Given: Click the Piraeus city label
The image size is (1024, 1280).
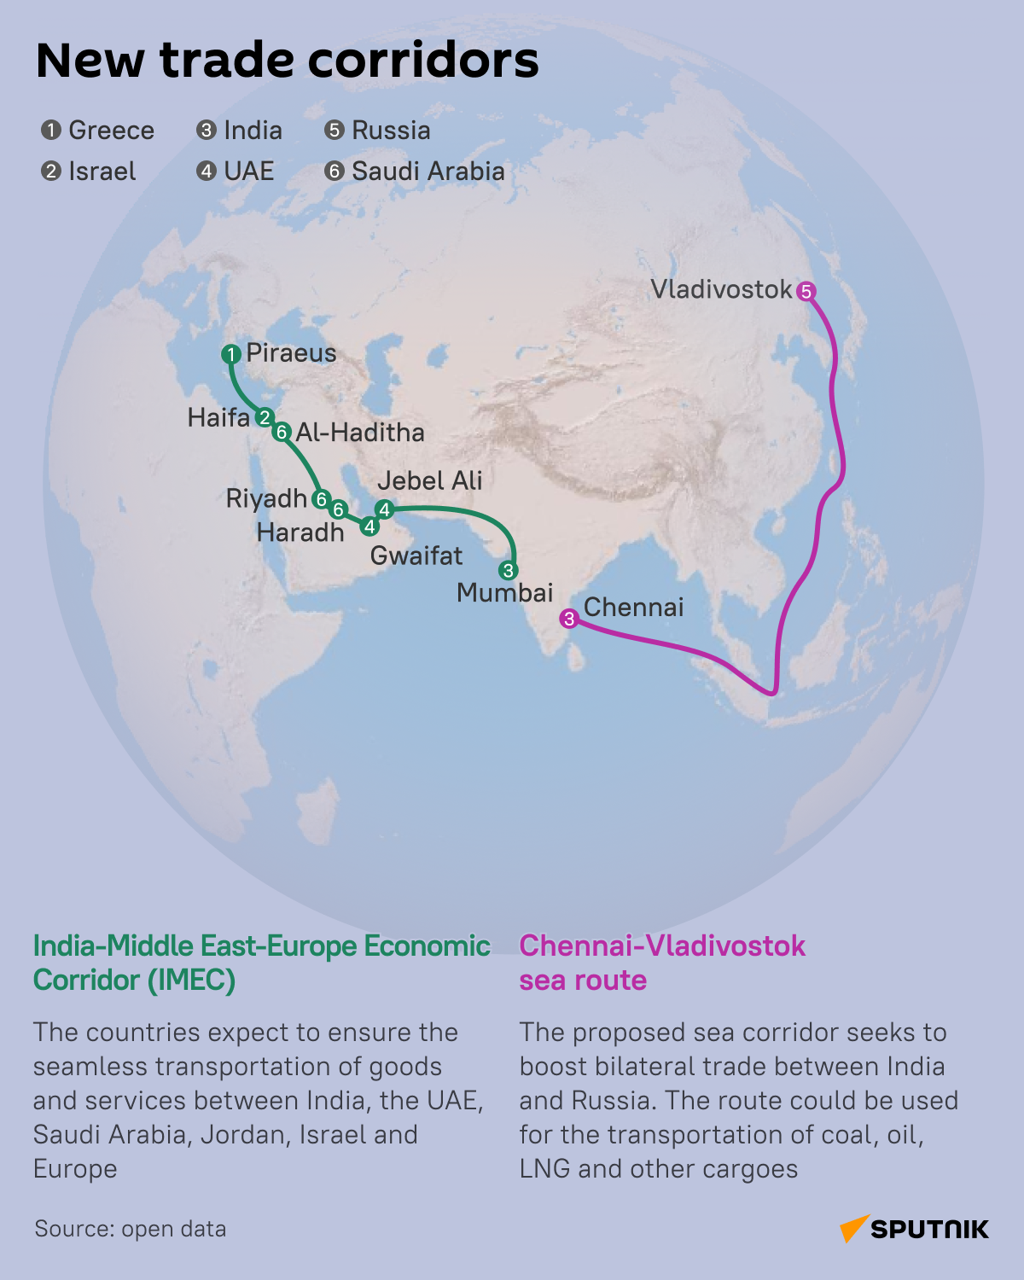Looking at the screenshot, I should click(291, 353).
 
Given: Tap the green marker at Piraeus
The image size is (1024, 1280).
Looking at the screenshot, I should click(230, 354).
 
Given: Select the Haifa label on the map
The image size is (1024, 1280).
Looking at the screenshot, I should click(218, 418).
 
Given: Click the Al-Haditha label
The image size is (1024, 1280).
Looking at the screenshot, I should click(360, 433).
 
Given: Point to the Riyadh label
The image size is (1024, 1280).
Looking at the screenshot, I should click(266, 498).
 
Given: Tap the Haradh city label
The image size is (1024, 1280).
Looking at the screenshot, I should click(300, 533).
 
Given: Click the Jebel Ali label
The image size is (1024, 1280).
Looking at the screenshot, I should click(430, 481).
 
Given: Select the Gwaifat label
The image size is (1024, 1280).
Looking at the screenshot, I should click(416, 556).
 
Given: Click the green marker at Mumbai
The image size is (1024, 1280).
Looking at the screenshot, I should click(508, 571).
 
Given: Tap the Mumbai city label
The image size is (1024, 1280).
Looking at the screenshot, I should click(505, 593).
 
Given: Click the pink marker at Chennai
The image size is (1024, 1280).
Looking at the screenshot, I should click(569, 620).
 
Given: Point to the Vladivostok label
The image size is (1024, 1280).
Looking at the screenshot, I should click(721, 290).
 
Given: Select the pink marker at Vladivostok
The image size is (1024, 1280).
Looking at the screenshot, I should click(806, 292).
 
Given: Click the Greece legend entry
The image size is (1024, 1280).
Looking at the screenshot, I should click(98, 131).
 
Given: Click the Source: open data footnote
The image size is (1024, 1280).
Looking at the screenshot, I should click(131, 1229).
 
